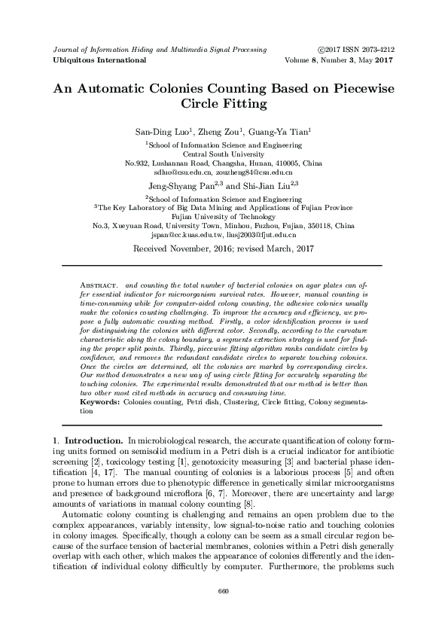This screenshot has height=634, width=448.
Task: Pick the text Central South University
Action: tap(223, 153)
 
